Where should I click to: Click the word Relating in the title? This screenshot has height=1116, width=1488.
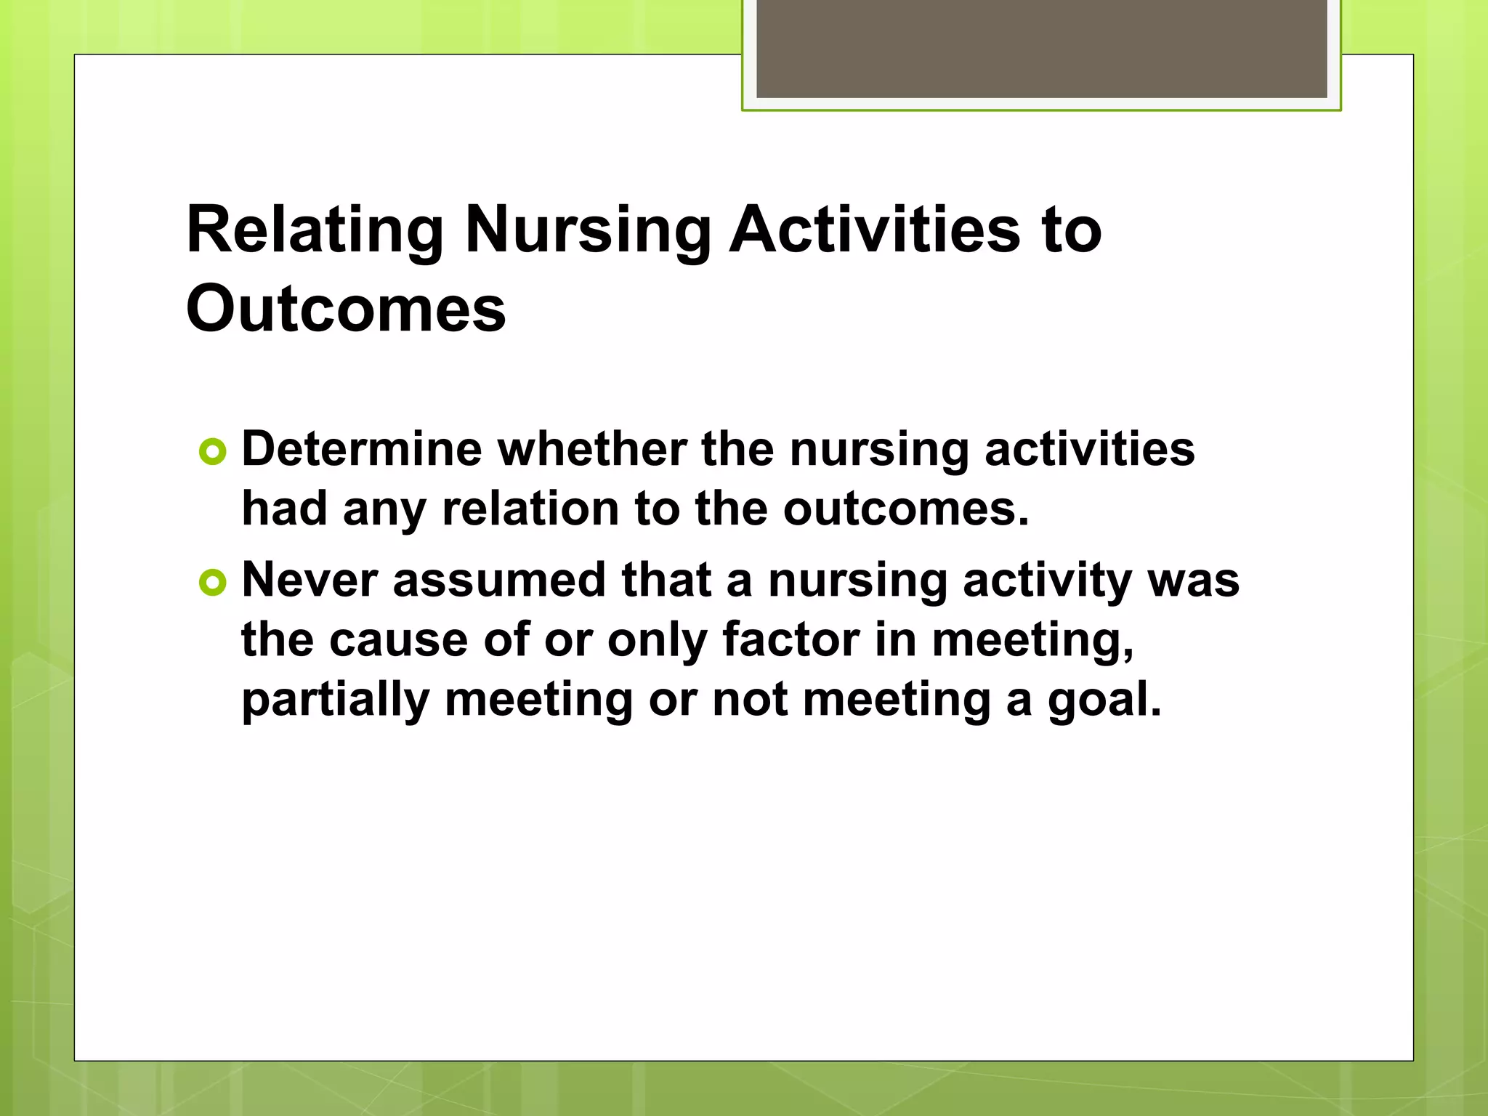point(314,231)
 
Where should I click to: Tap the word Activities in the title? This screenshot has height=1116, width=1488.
point(875,231)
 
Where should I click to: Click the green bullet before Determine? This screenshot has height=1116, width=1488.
point(212,453)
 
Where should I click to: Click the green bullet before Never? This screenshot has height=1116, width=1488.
point(212,583)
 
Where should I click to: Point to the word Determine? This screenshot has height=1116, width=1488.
point(361,450)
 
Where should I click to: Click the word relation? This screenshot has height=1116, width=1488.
point(530,509)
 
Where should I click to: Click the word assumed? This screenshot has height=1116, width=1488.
point(499,581)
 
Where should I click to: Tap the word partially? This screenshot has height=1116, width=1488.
point(335,700)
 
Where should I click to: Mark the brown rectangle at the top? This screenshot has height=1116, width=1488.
point(1041,48)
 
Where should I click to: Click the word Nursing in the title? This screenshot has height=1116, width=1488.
point(588,231)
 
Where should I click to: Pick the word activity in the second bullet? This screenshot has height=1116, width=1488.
point(1047,581)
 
